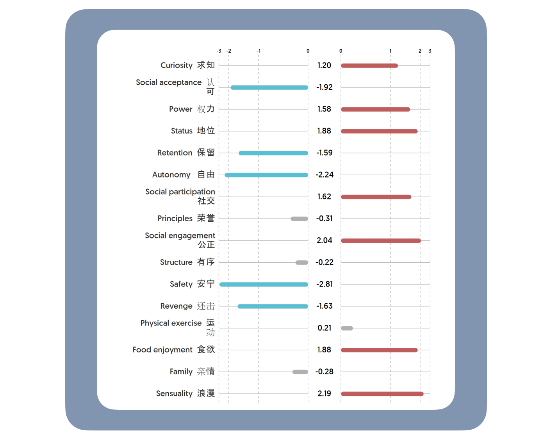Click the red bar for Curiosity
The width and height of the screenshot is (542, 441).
[369, 66]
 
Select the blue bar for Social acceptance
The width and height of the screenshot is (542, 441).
[269, 87]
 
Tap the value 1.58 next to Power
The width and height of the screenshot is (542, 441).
[324, 109]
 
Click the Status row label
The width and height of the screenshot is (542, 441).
[193, 131]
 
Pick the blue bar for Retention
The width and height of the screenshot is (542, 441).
[273, 153]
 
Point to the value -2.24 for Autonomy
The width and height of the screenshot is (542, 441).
[324, 175]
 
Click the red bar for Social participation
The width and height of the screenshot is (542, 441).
[376, 197]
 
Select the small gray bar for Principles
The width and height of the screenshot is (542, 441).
[299, 219]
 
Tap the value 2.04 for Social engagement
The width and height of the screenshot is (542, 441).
[324, 240]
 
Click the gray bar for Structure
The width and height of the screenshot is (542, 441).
[301, 262]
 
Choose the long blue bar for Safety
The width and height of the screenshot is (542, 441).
[264, 284]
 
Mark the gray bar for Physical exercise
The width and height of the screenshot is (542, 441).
[347, 328]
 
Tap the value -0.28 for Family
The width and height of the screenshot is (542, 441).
[324, 372]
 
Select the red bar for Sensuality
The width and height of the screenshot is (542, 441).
[382, 394]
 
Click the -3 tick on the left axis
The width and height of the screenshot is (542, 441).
[219, 51]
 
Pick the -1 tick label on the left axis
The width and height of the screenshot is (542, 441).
[259, 51]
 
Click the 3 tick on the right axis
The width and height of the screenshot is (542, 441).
[430, 51]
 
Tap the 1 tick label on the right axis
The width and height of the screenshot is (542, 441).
[390, 51]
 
